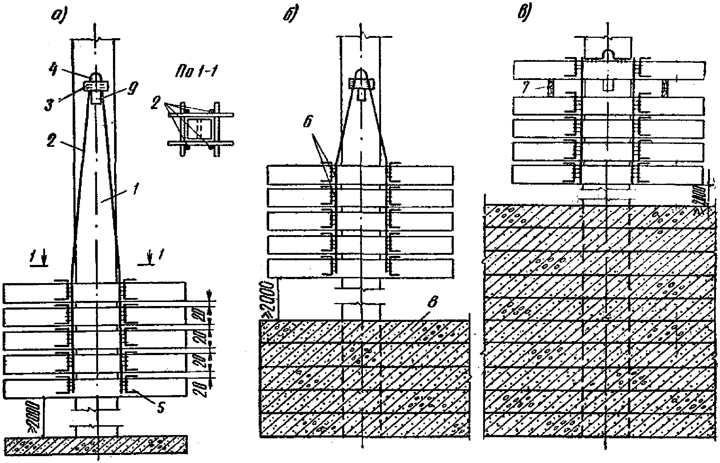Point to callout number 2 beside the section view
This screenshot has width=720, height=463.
coord(155,105)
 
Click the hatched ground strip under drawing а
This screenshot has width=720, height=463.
coord(96,445)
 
